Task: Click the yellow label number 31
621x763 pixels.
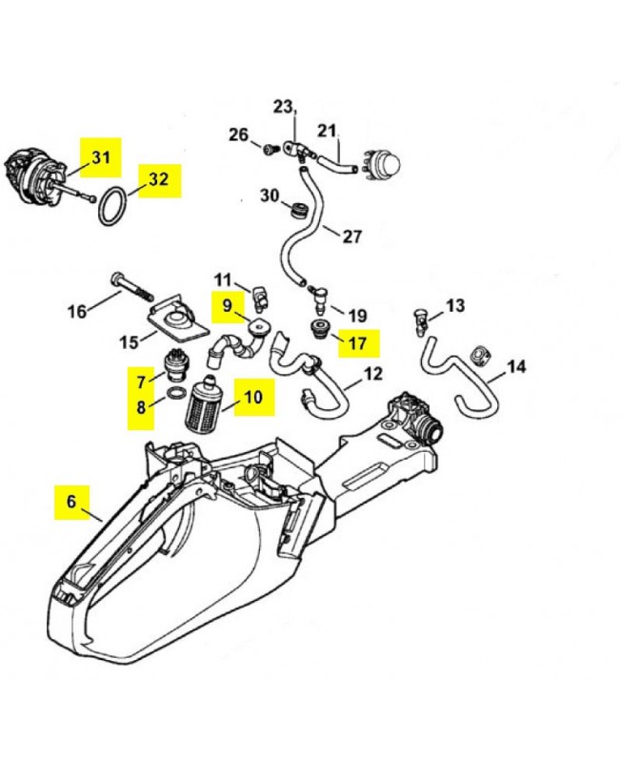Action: point(100,156)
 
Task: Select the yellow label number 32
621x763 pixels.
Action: point(158,178)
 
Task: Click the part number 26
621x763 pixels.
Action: point(238,134)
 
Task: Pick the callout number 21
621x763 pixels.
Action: point(327,130)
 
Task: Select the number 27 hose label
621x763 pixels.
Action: point(351,236)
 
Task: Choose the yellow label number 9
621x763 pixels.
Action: point(227,305)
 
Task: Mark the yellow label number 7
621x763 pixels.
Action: point(140,381)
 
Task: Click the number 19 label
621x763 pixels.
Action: point(357,315)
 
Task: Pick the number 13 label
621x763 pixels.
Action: point(455,305)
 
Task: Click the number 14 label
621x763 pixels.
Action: point(515,365)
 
